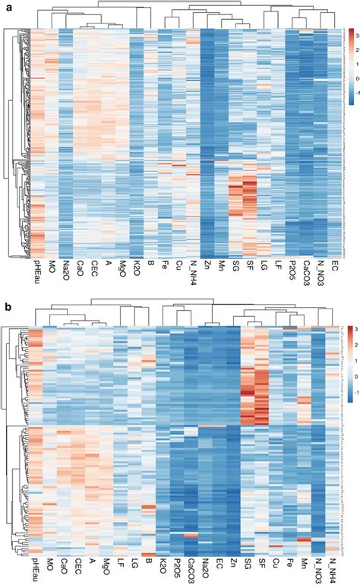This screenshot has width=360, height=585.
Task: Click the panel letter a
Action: pos(6,5)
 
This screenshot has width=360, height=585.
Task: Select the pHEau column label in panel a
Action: pos(36,271)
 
